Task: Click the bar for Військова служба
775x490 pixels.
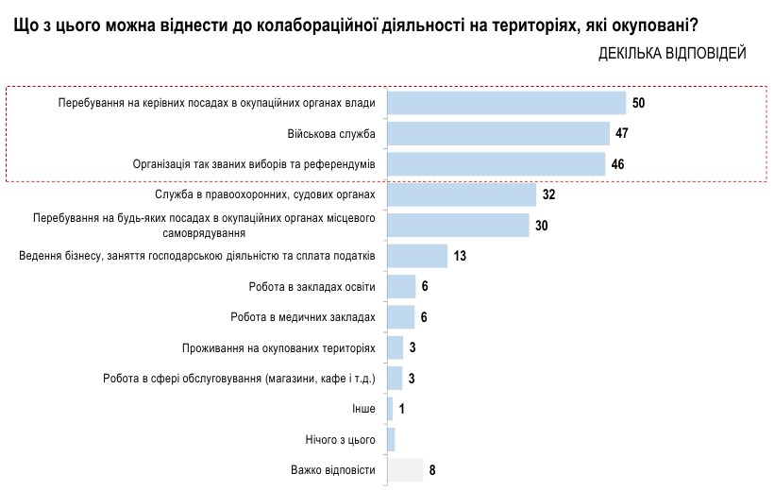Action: pos(498,133)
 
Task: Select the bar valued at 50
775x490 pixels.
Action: pos(507,102)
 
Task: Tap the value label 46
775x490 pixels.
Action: pos(617,164)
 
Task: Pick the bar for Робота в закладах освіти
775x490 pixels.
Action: pos(401,286)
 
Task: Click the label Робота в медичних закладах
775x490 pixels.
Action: pos(303,317)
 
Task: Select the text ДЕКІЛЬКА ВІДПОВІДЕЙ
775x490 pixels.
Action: pos(672,53)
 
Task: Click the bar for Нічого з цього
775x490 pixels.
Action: pos(391,440)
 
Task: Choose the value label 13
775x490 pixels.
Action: pos(460,256)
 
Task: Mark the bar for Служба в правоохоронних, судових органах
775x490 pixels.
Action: pos(463,194)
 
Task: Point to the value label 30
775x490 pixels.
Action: pos(542,226)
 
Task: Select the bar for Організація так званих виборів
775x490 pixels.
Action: pos(497,164)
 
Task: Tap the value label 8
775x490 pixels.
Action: pos(432,470)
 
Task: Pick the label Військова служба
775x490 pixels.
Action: pos(331,133)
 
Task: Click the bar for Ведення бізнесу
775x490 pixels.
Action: pos(418,256)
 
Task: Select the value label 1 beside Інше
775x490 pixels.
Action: pos(401,409)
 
